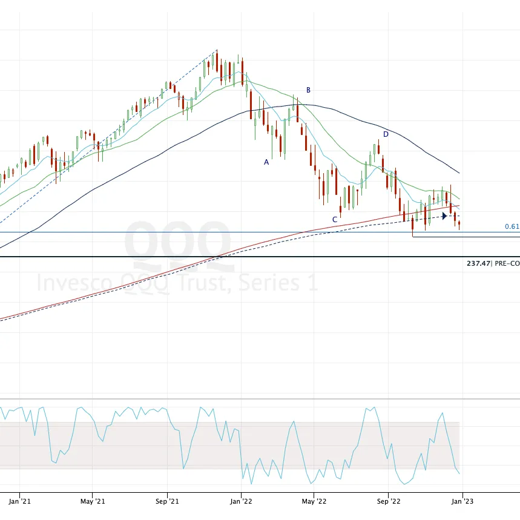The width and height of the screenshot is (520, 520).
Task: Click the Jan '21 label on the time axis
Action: (21, 501)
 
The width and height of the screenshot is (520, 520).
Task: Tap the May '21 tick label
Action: (93, 501)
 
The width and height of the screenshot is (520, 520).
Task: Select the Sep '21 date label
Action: (167, 501)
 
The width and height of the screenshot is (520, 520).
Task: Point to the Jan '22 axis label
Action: (242, 501)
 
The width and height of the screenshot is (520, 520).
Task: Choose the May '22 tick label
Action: (314, 501)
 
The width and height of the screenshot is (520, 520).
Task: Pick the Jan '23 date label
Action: (462, 501)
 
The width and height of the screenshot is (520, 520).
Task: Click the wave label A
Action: (266, 162)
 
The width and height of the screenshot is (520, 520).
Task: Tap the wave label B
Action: (308, 90)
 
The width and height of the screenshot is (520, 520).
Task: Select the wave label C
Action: (334, 219)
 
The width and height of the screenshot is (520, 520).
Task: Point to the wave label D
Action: (385, 134)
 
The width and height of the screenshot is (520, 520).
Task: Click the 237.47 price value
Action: (478, 263)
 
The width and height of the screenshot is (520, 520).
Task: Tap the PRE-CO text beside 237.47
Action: (507, 263)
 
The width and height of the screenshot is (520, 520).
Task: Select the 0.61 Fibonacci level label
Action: (512, 226)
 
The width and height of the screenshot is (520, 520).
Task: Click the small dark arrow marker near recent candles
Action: (445, 216)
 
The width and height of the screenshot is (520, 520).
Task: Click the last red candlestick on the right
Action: (459, 225)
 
